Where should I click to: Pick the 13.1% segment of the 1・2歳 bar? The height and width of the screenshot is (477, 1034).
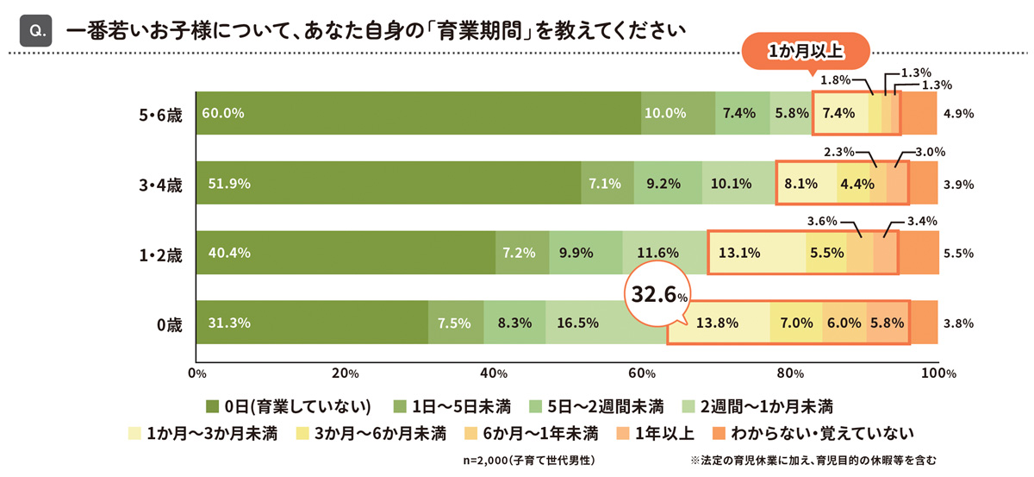(757, 253)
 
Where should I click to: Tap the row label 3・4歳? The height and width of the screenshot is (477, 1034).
(160, 184)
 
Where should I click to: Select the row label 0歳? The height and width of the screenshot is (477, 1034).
(169, 324)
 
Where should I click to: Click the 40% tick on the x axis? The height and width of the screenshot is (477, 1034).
(493, 373)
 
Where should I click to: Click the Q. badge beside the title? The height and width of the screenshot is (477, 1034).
(37, 30)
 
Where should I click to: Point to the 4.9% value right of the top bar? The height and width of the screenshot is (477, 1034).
(958, 113)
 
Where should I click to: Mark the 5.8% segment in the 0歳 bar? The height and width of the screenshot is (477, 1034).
(887, 323)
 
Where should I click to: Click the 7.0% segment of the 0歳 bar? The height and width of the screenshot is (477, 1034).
(796, 323)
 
